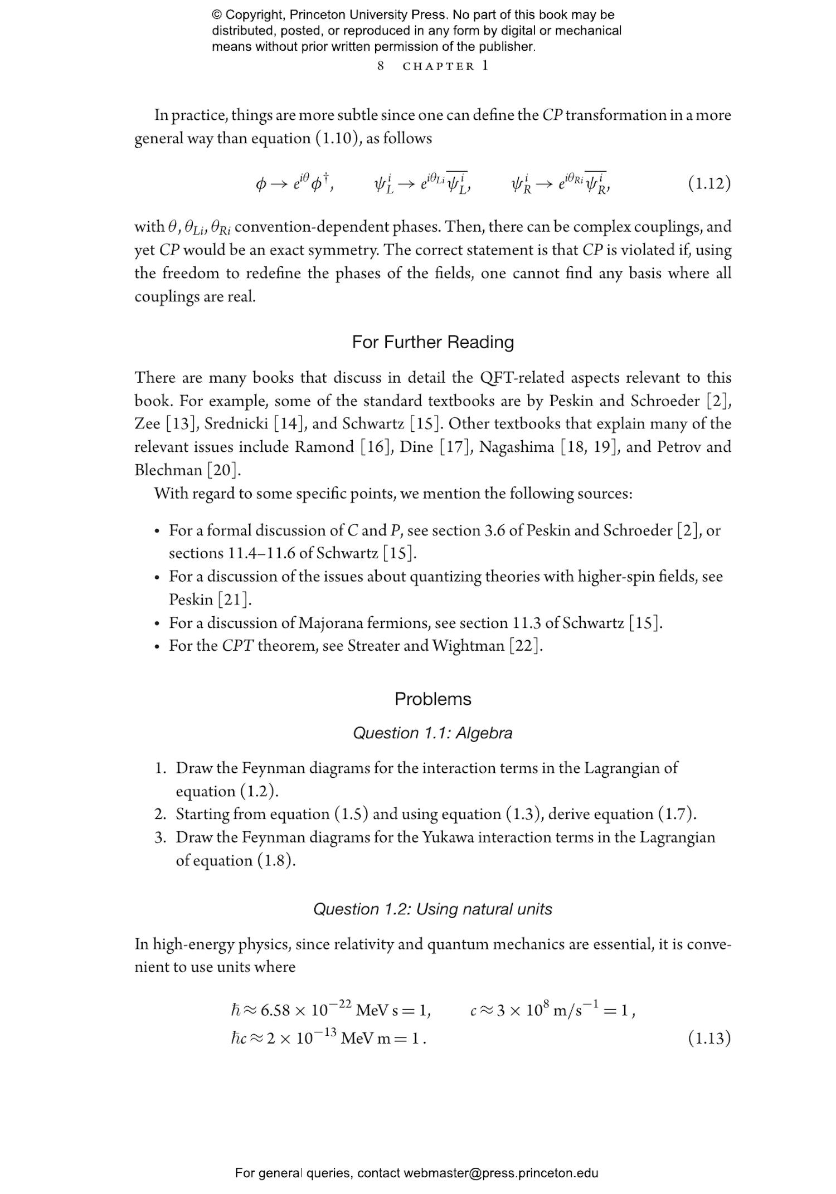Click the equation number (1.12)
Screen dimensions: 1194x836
tap(709, 183)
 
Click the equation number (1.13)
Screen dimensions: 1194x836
tap(709, 1038)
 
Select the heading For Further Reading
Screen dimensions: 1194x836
tap(432, 342)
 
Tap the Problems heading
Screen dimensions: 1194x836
tap(432, 699)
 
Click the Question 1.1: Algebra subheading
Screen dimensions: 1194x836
tap(432, 733)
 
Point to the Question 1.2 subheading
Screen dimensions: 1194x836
tap(432, 909)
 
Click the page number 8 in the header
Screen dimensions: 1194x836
tap(381, 66)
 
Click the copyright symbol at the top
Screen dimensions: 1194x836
tap(217, 15)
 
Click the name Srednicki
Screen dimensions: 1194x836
tap(236, 424)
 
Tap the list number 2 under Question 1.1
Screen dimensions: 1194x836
tap(160, 814)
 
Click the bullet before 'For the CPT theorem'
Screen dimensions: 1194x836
tap(158, 646)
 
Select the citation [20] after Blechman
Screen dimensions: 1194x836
tap(223, 470)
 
